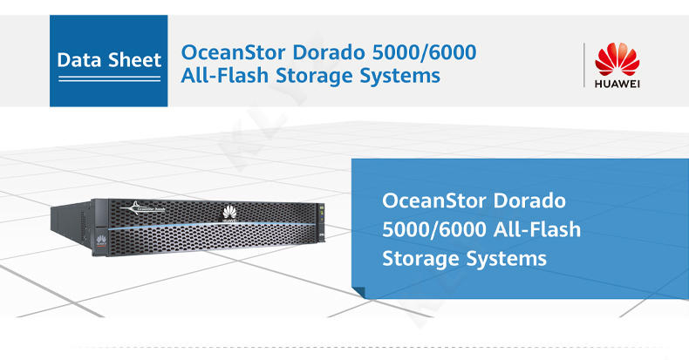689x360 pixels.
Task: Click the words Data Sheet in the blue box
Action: (108, 60)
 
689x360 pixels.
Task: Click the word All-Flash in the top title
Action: (220, 77)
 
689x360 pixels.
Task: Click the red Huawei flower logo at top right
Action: (617, 58)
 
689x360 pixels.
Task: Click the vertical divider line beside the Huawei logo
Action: (583, 65)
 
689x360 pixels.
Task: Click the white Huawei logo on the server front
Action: (230, 212)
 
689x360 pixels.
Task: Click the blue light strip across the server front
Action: (209, 228)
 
